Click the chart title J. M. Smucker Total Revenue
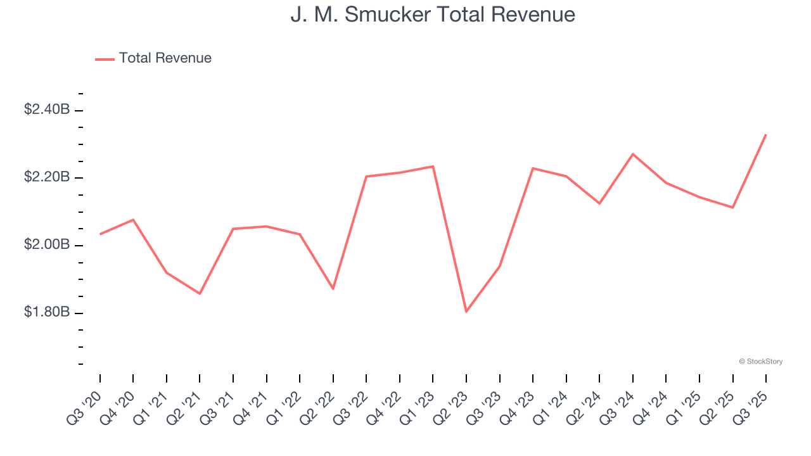coord(433,15)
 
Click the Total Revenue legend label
coord(165,58)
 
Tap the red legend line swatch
coord(105,59)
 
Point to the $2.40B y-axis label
coord(47,110)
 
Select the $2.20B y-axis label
coord(47,177)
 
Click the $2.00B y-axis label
coord(47,245)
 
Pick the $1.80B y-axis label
coord(47,313)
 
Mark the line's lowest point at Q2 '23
coord(466,311)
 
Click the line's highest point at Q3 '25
coord(766,134)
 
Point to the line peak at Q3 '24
coord(633,154)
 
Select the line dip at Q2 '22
coord(333,289)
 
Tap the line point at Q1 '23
coord(433,167)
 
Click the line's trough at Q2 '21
coord(200,293)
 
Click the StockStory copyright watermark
coord(760,362)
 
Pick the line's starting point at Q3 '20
coord(100,234)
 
